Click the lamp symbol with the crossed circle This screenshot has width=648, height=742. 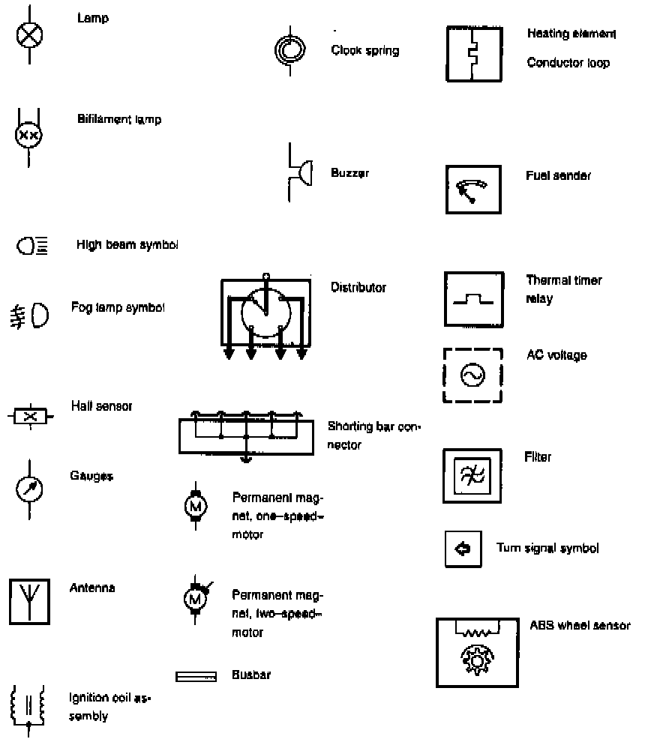coord(29,34)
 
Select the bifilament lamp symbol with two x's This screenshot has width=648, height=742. coord(29,136)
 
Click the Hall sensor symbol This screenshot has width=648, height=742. coord(30,415)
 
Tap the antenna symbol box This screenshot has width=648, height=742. coord(29,599)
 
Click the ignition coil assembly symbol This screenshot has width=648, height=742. coord(28,705)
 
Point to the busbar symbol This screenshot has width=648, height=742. coord(196,677)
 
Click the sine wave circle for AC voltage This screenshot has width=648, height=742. coord(472,375)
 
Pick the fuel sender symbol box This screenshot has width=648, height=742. coord(474,190)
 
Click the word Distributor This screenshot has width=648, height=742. coord(358,287)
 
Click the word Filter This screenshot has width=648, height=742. coord(538,456)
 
